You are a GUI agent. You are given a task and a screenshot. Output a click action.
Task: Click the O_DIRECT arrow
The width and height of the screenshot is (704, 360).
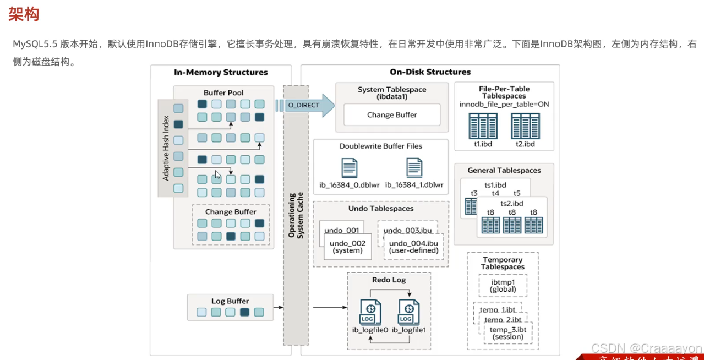click(x=306, y=105)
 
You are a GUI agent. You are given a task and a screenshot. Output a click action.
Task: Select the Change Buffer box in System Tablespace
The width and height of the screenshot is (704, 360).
click(x=392, y=115)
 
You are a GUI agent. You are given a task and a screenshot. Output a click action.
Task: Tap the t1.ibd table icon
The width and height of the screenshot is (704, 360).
click(x=483, y=126)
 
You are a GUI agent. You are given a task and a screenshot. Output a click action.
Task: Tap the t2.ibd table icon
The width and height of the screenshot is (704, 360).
click(x=525, y=126)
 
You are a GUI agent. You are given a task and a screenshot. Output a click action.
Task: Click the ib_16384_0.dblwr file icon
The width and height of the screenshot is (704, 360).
click(x=350, y=167)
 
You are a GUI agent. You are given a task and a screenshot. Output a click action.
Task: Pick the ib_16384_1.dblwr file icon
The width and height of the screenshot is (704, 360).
click(x=414, y=167)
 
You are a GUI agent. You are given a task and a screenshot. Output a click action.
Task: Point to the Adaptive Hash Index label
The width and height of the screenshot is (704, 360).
click(x=166, y=148)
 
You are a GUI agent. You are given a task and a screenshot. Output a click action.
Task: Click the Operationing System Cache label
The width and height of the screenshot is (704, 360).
click(x=296, y=215)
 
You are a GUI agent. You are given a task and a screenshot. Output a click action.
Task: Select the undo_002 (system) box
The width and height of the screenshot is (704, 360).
click(x=348, y=246)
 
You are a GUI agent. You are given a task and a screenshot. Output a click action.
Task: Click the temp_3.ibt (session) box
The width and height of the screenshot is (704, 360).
click(x=508, y=332)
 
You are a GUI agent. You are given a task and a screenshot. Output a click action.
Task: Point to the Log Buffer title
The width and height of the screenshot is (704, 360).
click(x=230, y=301)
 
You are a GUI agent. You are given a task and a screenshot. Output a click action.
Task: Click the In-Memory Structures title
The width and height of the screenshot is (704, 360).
click(x=221, y=72)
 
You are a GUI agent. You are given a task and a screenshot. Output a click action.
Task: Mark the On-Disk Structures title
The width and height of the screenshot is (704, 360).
click(x=430, y=72)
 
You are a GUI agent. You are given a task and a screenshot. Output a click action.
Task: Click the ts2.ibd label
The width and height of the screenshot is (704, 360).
click(x=512, y=203)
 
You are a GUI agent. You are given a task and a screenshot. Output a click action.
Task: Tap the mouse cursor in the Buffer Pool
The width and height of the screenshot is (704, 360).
click(x=217, y=175)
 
